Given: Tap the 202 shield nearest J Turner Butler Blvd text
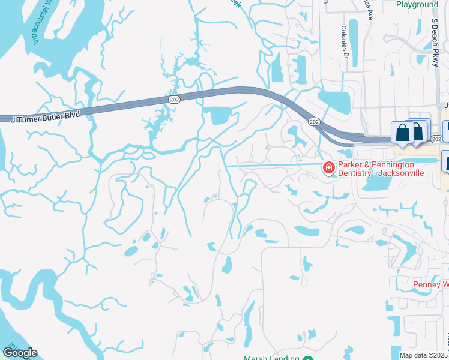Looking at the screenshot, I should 173,99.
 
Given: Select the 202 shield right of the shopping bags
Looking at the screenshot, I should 436,139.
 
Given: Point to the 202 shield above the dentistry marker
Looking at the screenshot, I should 314,121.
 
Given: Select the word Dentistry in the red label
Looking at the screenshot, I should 357,173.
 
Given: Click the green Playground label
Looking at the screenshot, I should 417,5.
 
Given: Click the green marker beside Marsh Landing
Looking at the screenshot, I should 307,358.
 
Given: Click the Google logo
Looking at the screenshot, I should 20,353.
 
